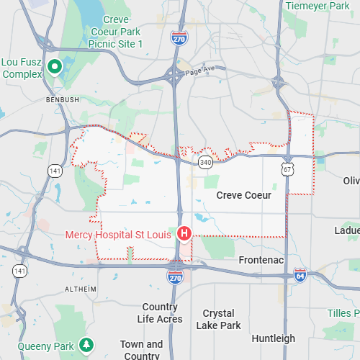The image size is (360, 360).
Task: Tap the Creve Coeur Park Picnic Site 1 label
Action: coord(116,32)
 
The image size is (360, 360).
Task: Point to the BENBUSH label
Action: coord(62,99)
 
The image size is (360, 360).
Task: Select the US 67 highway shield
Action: coord(287,168)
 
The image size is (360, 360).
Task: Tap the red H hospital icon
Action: coord(184,234)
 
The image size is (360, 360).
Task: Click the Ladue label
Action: coord(347,230)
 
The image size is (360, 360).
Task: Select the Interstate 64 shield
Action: coord(300,275)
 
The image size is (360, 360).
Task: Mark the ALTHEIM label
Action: coord(80,289)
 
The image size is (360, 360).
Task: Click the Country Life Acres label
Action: coord(160,312)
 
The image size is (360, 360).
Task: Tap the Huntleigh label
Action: coord(274,338)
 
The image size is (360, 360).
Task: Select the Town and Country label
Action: coord(141,350)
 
